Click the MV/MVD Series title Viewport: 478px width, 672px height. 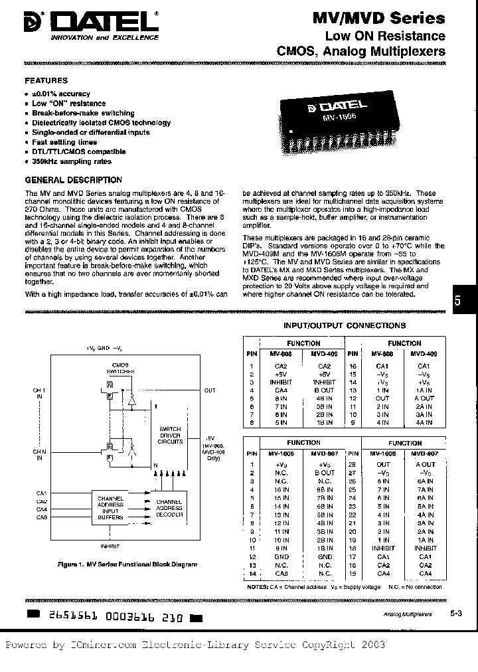point(388,19)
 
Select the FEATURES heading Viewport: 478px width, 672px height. point(46,80)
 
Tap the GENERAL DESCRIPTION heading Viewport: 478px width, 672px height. point(74,180)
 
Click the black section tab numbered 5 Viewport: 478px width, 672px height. point(457,299)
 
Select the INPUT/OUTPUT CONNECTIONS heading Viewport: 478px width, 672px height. point(345,326)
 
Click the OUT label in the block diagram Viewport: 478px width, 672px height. point(210,390)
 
